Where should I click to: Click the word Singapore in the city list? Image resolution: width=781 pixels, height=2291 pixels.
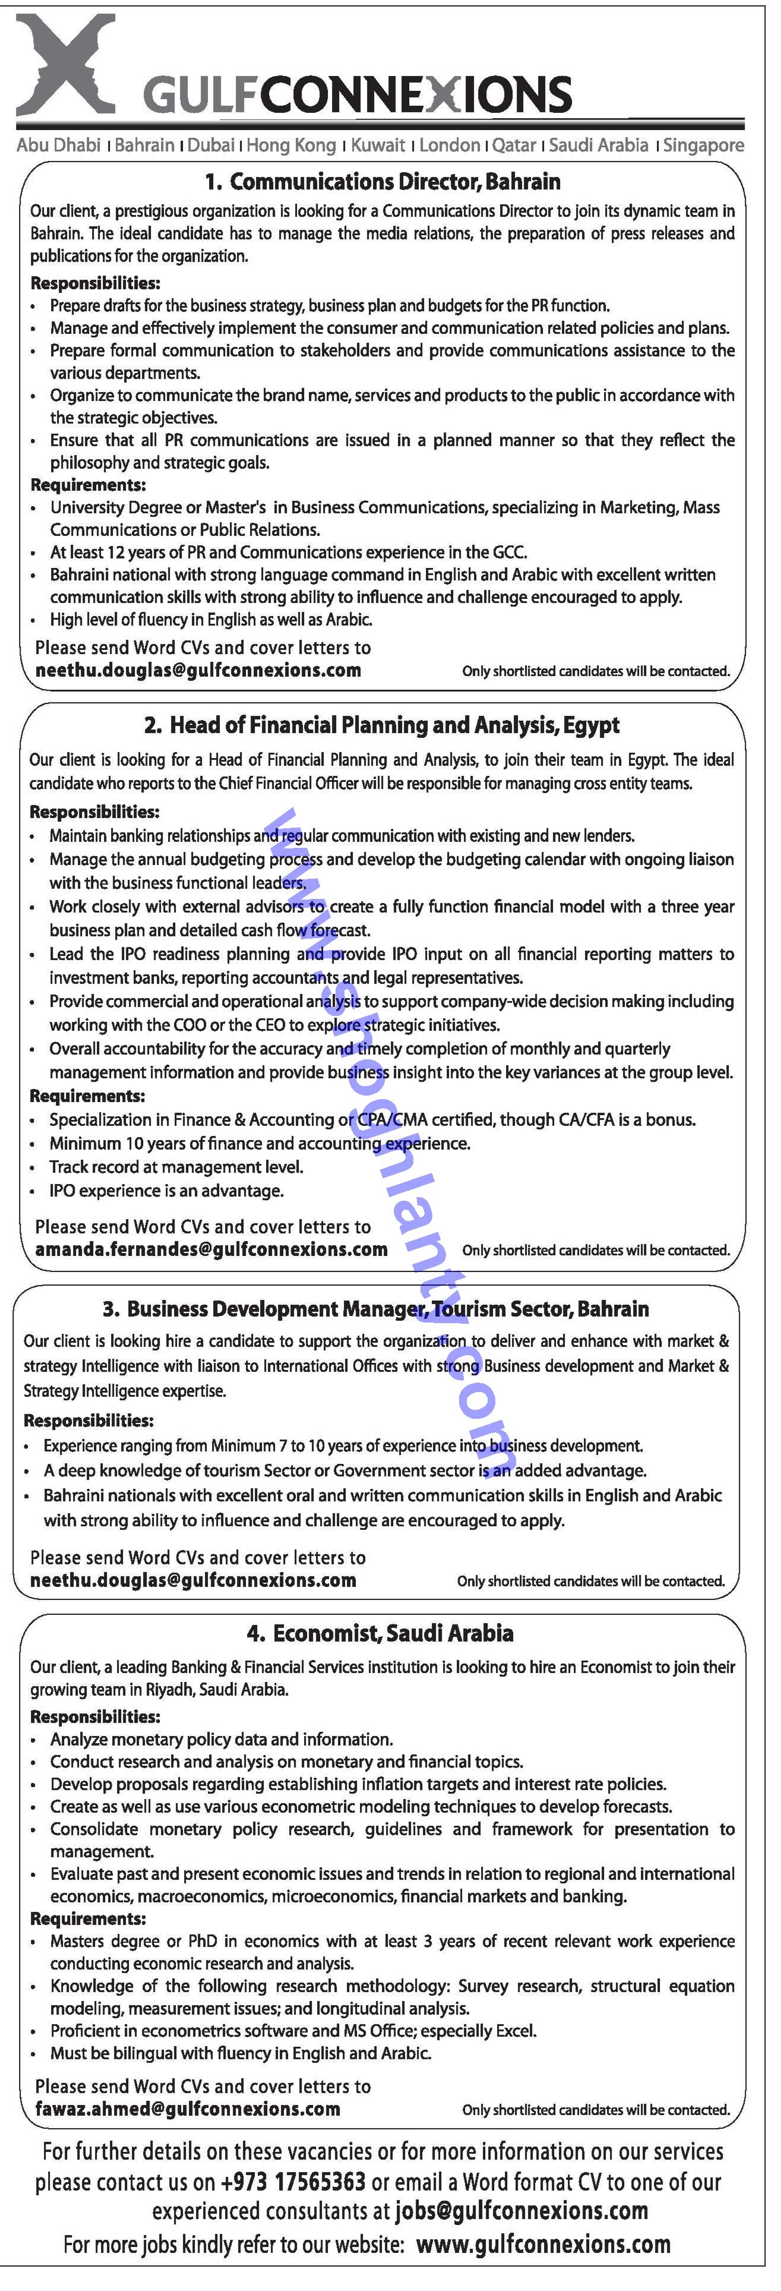tap(704, 145)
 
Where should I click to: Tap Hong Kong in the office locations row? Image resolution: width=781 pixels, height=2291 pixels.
tap(291, 145)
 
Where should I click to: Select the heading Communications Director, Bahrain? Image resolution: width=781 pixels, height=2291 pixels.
tap(384, 182)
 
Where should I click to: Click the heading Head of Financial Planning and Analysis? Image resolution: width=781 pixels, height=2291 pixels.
tap(382, 725)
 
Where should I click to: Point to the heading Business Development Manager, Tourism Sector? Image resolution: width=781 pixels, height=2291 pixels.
tap(375, 1309)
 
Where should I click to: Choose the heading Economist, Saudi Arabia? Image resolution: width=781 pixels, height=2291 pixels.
tap(381, 1633)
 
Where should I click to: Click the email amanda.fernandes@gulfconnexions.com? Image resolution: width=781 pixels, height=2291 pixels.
tap(211, 1249)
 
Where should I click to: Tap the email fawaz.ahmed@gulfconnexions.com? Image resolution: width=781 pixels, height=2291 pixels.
tap(188, 2109)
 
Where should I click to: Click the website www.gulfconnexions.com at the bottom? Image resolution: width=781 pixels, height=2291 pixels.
tap(543, 2245)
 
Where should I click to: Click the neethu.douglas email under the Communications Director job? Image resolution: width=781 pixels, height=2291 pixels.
tap(197, 671)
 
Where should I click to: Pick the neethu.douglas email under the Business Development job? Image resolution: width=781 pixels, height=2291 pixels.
tap(193, 1580)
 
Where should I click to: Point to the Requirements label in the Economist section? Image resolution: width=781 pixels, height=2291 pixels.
tap(87, 1919)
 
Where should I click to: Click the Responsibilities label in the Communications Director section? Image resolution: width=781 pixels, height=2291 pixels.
tap(95, 284)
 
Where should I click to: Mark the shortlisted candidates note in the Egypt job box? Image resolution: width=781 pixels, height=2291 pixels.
tap(595, 1251)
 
